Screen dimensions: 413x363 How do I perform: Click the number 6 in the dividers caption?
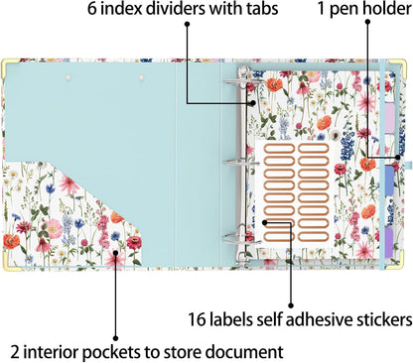(92, 8)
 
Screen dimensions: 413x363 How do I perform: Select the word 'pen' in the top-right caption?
(344, 10)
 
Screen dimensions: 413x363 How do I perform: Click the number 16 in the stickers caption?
(198, 319)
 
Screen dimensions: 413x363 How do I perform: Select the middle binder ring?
(241, 163)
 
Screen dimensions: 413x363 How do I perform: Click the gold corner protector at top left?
(6, 65)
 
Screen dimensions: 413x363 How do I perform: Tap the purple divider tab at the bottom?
(389, 242)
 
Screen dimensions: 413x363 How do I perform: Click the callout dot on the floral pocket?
(115, 253)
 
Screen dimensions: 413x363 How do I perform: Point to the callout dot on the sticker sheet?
(264, 222)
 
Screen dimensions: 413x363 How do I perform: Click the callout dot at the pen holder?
(397, 158)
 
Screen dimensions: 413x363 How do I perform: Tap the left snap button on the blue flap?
(69, 77)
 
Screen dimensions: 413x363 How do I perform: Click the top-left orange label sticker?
(279, 149)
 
